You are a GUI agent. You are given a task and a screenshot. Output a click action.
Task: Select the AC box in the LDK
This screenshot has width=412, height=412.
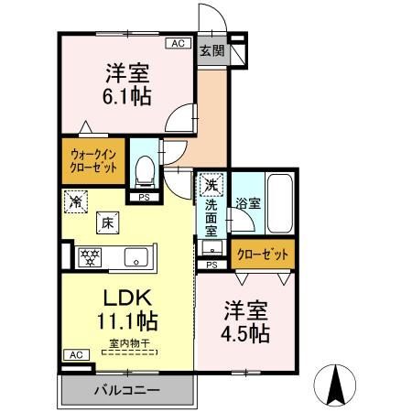[76, 354]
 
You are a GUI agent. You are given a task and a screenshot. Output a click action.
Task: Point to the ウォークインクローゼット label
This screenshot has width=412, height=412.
[94, 162]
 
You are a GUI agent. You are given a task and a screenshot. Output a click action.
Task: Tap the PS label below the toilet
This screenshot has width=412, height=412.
[144, 197]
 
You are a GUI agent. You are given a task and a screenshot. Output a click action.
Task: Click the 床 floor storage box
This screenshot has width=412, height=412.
[107, 222]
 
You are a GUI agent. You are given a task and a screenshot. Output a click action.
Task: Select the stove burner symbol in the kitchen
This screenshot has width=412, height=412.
[91, 256]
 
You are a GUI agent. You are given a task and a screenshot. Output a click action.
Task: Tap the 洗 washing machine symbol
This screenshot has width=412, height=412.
[211, 185]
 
